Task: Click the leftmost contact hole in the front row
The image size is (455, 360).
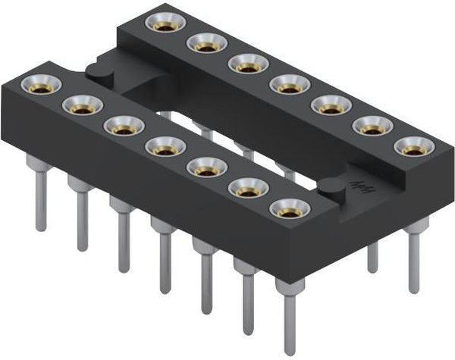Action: point(36,83)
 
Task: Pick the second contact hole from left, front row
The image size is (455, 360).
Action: point(77,105)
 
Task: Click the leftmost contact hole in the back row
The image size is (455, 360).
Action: point(162,24)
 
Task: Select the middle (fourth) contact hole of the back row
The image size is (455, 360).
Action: point(287,86)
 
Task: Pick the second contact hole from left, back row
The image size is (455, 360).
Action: point(203,45)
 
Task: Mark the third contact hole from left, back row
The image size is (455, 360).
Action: point(245,65)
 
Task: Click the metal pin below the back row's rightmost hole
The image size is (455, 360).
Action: point(414,258)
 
